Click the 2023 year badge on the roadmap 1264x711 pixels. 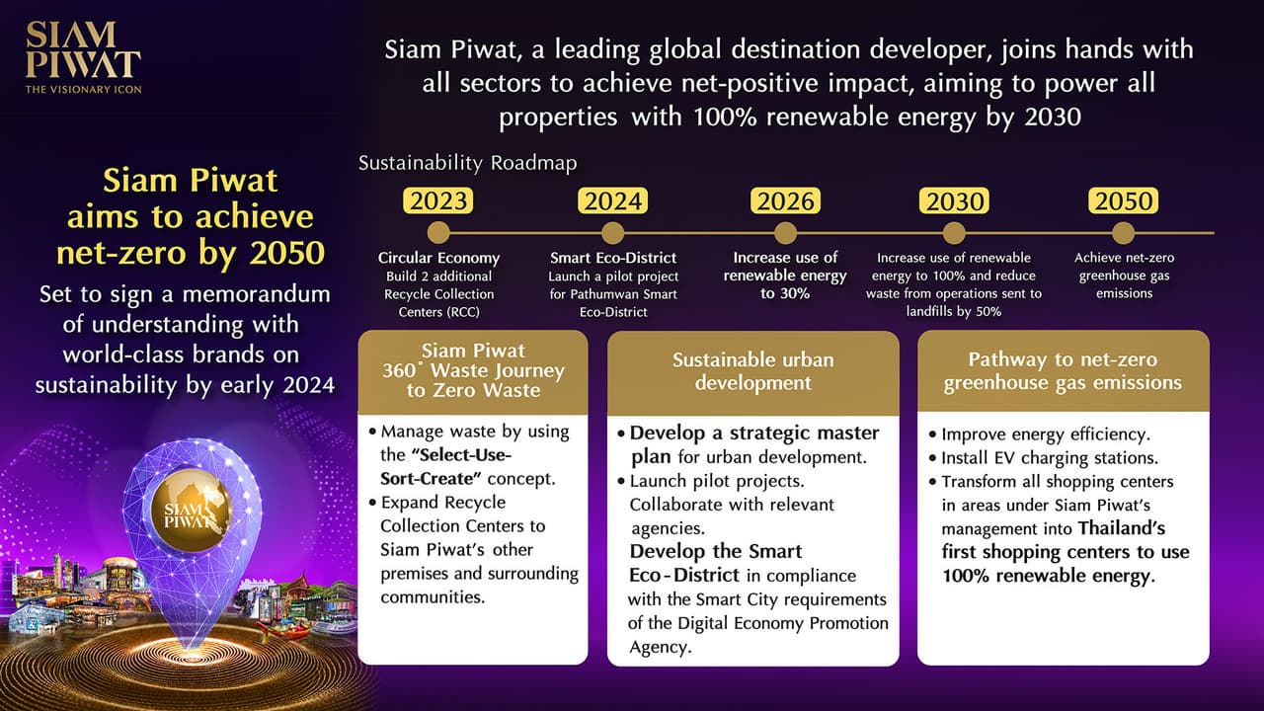point(440,201)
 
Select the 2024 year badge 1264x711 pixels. point(613,201)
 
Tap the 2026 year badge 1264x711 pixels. point(786,201)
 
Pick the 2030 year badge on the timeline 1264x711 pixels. point(955,201)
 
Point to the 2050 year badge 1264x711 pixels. point(1124,201)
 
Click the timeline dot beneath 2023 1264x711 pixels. point(439,234)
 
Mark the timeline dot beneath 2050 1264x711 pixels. point(1124,234)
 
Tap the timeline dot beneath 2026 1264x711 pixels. point(785,234)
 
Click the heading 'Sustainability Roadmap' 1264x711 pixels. point(467,163)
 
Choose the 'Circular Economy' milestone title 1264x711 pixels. point(439,258)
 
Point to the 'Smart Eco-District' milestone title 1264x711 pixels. point(613,258)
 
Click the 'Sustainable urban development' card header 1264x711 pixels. point(752,370)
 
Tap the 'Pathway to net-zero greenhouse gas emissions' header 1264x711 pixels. point(1063,370)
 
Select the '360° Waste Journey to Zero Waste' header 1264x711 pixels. point(473,370)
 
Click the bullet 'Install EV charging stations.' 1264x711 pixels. point(1049,458)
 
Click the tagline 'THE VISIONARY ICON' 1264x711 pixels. point(83,89)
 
